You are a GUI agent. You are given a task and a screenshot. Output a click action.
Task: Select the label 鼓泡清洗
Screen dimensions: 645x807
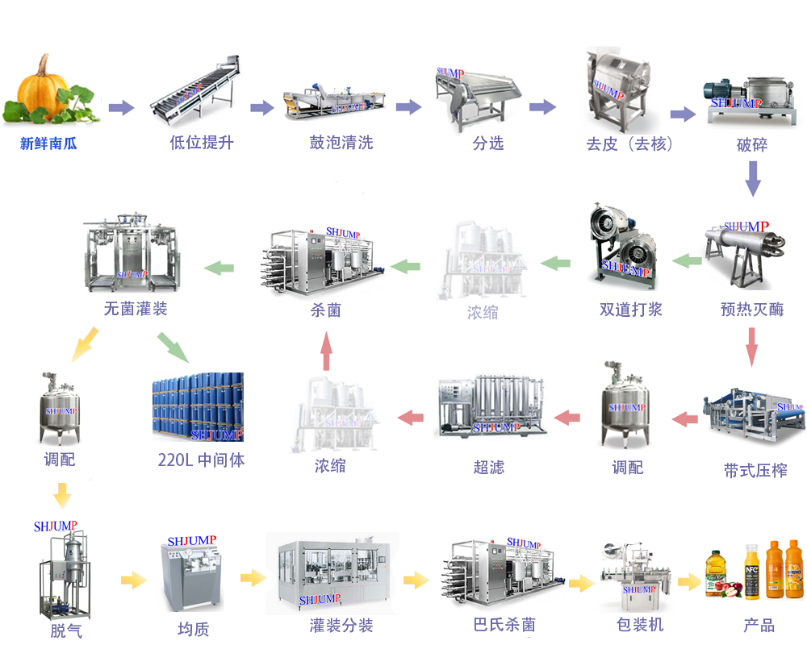(341, 144)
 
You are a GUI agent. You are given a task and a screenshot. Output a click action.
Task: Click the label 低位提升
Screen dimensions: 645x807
(202, 144)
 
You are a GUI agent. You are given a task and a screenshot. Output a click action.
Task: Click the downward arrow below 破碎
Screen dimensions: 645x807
(752, 178)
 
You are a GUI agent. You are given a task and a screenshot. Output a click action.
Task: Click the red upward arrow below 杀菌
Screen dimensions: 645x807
(326, 353)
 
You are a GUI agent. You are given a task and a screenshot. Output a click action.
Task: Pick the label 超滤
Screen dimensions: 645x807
(489, 467)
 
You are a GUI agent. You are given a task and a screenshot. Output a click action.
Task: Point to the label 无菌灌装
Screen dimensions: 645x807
(136, 309)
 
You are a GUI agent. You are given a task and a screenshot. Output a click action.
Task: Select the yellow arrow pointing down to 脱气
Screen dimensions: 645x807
(62, 493)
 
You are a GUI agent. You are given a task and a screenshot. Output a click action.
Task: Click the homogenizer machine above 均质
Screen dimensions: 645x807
(191, 572)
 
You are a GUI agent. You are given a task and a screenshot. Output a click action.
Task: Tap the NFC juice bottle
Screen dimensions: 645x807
(752, 570)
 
